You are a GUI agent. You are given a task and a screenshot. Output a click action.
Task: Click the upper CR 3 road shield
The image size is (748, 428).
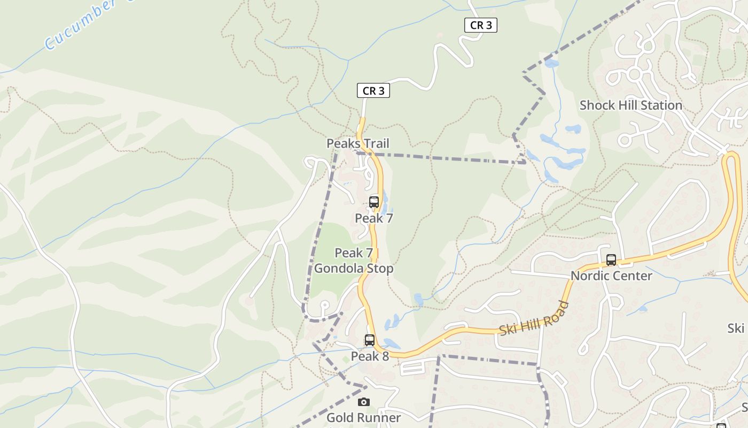click(x=480, y=25)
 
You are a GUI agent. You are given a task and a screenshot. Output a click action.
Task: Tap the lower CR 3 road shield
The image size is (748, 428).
click(x=373, y=91)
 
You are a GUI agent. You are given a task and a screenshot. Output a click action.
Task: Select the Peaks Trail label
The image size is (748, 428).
click(x=358, y=143)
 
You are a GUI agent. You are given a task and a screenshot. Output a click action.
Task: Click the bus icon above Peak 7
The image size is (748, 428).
click(x=374, y=202)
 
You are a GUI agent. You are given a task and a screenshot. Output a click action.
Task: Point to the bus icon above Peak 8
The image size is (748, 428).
click(x=369, y=340)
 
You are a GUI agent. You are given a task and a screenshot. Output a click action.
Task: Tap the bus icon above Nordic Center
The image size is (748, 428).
click(x=611, y=261)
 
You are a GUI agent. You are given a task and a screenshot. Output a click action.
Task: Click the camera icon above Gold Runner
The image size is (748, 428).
click(x=364, y=402)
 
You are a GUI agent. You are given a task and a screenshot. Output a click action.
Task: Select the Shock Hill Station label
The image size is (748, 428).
click(x=630, y=105)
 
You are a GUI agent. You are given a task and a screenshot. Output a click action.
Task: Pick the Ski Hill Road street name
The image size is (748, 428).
click(x=534, y=319)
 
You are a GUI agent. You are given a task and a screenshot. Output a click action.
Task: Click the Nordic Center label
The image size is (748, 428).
click(x=611, y=276)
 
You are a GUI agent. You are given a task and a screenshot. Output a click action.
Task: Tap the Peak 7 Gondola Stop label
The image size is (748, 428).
click(x=354, y=261)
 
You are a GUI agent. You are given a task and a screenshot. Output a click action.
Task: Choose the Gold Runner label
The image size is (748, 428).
click(x=363, y=418)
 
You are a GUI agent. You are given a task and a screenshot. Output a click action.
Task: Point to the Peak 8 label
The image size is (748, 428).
click(x=370, y=356)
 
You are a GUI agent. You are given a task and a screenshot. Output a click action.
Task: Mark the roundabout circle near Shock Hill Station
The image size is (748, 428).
click(x=634, y=74)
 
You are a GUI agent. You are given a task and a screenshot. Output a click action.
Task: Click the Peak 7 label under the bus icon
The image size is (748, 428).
click(x=374, y=218)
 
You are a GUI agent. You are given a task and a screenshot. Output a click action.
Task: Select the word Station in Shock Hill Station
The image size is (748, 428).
click(x=659, y=105)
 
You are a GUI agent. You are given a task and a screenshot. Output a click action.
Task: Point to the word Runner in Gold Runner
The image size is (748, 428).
click(x=380, y=418)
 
